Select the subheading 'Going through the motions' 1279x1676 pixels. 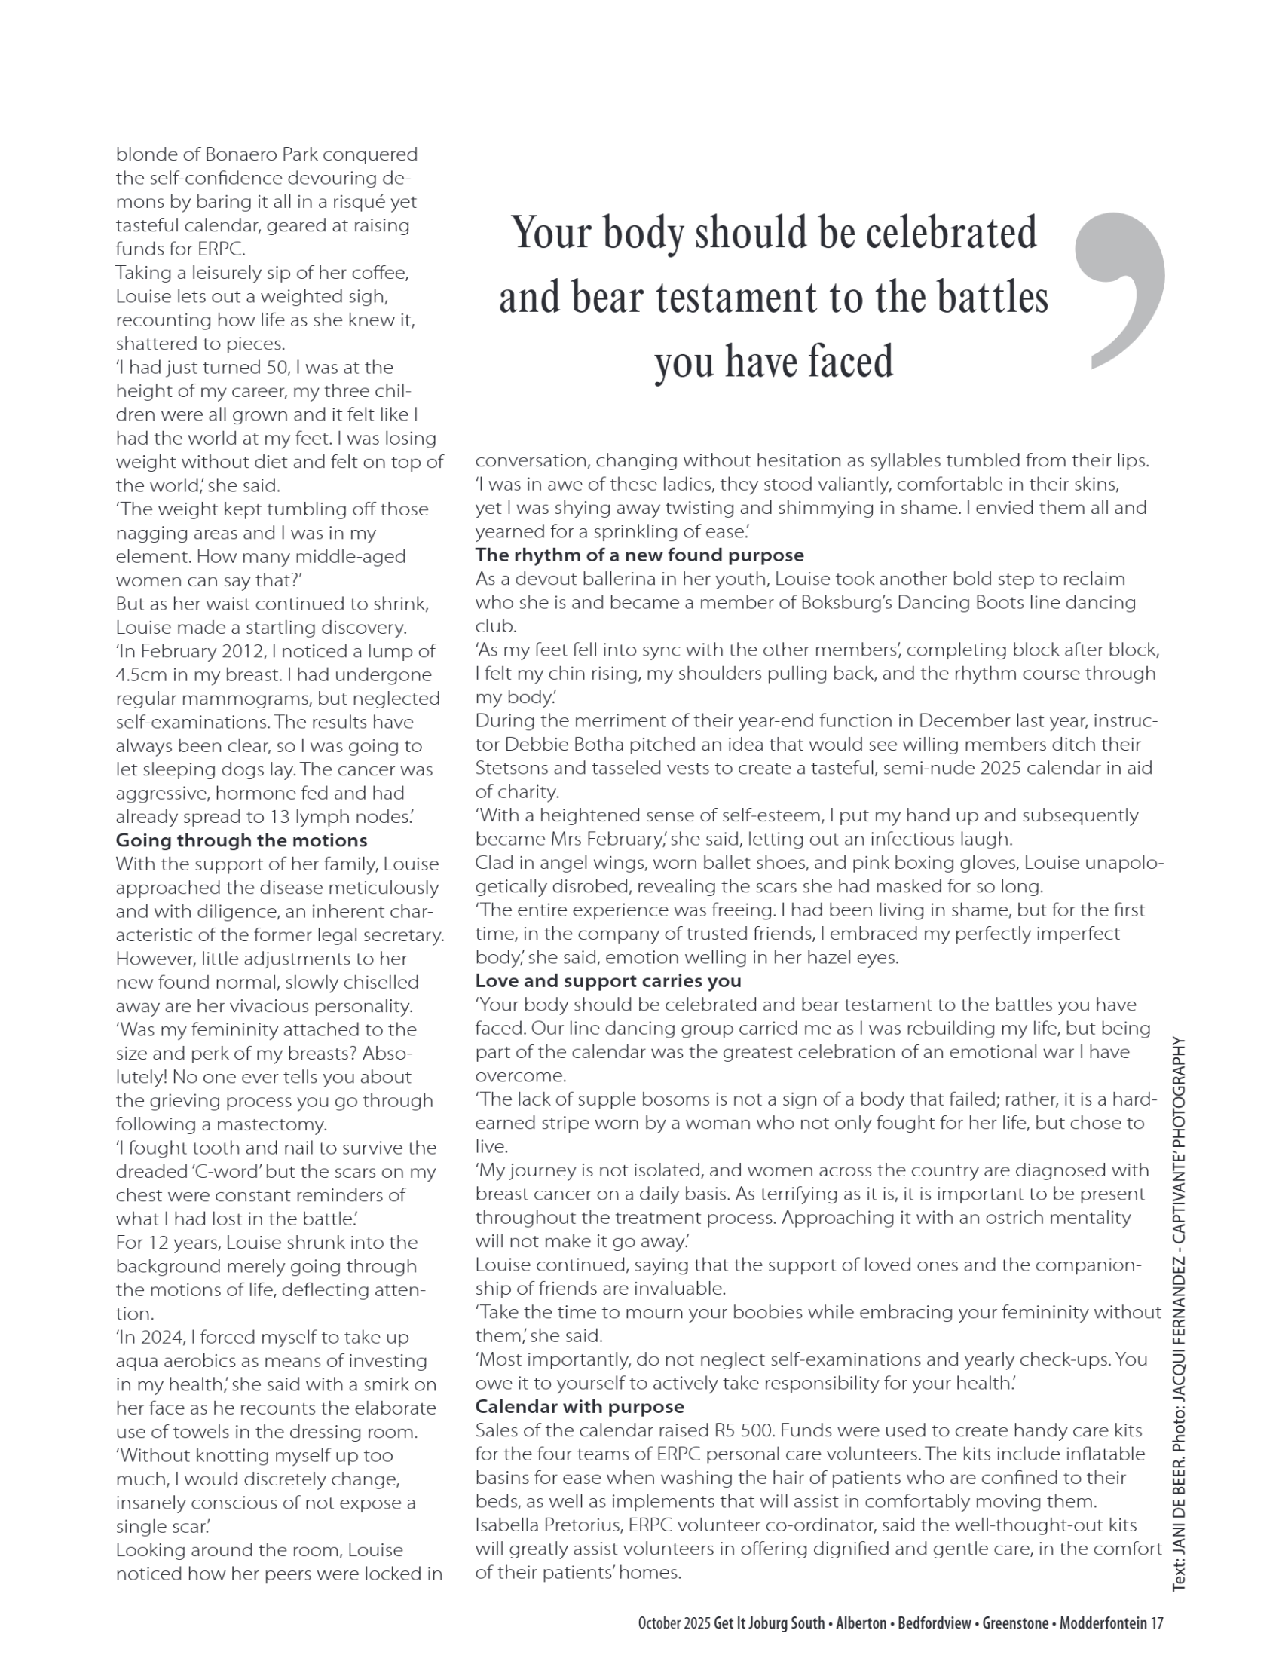click(241, 840)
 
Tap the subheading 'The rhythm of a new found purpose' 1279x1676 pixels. click(639, 555)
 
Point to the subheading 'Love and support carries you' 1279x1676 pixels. click(608, 980)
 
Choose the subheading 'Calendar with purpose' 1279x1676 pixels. click(580, 1406)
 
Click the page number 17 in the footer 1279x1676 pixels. click(1156, 1623)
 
